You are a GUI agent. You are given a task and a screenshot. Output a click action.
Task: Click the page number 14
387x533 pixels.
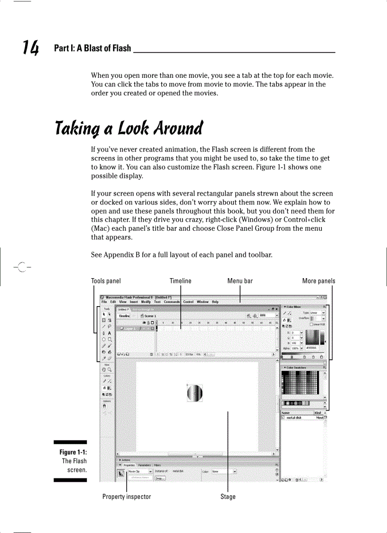31,47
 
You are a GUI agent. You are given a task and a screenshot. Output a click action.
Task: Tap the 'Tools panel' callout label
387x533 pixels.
106,281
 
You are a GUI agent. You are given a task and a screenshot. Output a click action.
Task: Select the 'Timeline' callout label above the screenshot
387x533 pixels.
181,281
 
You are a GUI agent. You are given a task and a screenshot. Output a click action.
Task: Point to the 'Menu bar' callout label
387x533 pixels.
240,281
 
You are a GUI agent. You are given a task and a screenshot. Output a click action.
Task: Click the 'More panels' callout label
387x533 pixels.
319,281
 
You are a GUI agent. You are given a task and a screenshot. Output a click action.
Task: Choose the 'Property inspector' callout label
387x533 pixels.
127,496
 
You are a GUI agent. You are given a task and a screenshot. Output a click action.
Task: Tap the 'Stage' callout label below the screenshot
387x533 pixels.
228,496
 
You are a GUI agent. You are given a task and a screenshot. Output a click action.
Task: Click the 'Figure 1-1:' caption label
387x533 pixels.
73,452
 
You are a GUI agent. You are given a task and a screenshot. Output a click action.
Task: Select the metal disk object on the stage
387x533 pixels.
195,393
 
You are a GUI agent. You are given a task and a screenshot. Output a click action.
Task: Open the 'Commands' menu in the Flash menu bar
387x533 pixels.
172,302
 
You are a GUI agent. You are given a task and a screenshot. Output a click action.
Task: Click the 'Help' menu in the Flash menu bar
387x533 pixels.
215,302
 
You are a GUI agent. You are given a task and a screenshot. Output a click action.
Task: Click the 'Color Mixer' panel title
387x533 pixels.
294,307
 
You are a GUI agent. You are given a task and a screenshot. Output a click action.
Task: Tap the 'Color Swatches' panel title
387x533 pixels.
296,367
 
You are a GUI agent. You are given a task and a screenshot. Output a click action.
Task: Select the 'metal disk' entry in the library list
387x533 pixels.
294,418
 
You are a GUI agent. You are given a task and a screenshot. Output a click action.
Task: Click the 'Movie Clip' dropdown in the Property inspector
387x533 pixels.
140,471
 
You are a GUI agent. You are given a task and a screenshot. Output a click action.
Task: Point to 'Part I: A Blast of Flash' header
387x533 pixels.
92,48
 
